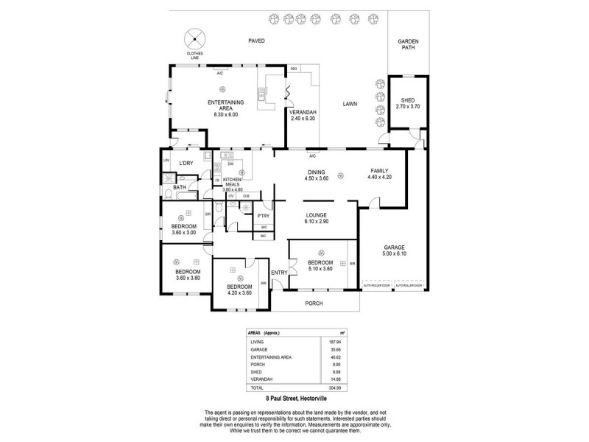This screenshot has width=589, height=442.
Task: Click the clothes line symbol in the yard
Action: click(194, 37)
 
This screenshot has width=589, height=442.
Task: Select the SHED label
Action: click(407, 100)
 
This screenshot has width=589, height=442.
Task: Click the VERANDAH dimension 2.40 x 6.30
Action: click(302, 119)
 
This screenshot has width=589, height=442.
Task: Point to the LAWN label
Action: click(350, 105)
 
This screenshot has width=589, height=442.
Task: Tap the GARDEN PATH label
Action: click(407, 44)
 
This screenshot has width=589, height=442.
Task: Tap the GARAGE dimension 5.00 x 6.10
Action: click(395, 254)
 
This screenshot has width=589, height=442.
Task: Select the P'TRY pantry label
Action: click(263, 216)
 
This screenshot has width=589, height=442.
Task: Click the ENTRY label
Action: click(279, 273)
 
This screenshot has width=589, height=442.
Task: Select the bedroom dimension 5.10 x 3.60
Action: click(320, 269)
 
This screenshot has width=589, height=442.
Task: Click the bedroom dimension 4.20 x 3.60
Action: click(239, 292)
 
